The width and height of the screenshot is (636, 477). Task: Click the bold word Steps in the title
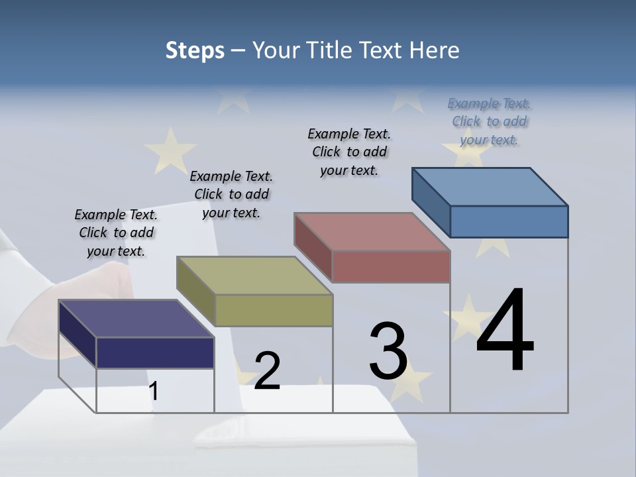click(195, 50)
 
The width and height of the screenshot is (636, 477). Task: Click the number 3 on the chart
click(388, 351)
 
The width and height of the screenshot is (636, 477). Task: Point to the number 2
click(267, 371)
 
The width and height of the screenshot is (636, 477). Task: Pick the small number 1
click(153, 392)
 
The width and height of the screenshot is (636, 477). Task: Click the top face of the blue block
click(490, 186)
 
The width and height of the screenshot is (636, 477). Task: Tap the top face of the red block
click(372, 232)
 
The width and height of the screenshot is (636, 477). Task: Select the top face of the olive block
click(254, 276)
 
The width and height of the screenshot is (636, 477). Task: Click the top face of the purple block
click(136, 319)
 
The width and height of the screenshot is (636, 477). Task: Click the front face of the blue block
click(509, 221)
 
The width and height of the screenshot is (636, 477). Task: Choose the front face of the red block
click(391, 267)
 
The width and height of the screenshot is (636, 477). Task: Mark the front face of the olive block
click(274, 310)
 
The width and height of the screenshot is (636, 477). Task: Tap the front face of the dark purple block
click(155, 352)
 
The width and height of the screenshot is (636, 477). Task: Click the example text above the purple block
click(116, 233)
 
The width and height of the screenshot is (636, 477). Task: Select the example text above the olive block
click(231, 194)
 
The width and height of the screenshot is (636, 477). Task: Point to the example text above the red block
click(349, 152)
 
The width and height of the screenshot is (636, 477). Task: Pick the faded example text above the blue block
click(489, 121)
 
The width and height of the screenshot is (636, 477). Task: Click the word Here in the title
click(435, 50)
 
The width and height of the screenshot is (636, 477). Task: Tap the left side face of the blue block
click(431, 201)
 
